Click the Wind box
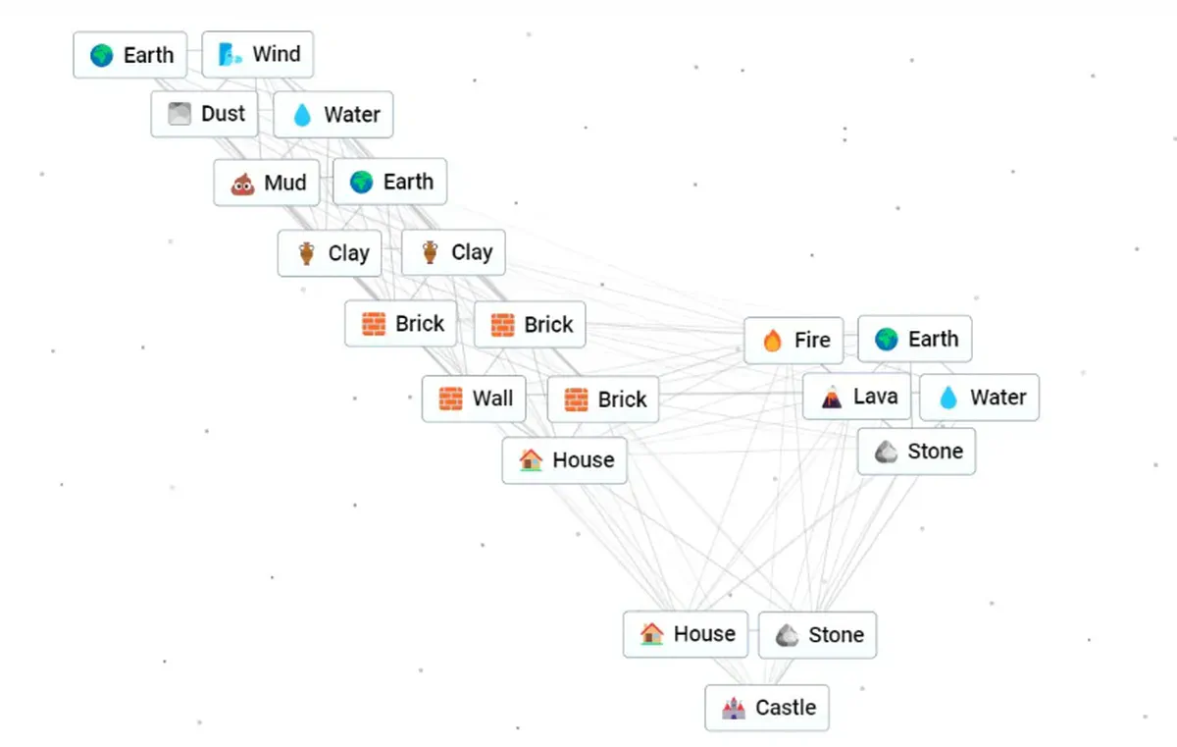click(257, 54)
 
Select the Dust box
click(204, 114)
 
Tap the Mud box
click(267, 183)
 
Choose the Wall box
click(474, 399)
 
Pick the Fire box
click(793, 340)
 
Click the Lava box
click(856, 397)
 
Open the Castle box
click(767, 708)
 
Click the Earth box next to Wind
click(130, 55)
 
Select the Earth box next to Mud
click(390, 182)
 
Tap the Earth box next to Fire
click(915, 339)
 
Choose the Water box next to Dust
click(333, 114)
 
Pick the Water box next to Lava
click(980, 398)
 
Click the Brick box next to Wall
click(602, 399)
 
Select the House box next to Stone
click(686, 634)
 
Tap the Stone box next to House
click(818, 635)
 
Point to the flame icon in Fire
click(773, 340)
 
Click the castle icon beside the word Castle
click(734, 708)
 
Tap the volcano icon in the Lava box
click(832, 397)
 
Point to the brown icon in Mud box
click(243, 184)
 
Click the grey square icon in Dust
click(179, 114)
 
